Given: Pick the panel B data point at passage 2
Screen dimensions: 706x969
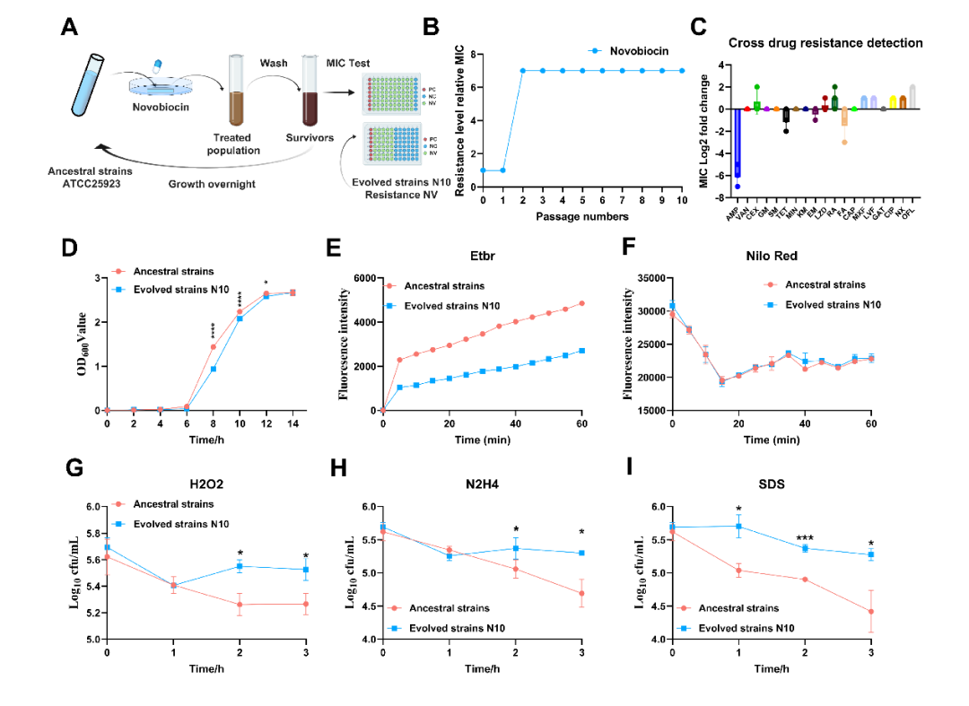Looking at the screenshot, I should [x=522, y=70].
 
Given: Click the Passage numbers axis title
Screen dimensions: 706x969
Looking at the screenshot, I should [x=582, y=216].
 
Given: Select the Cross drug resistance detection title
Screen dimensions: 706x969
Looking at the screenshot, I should [x=825, y=42].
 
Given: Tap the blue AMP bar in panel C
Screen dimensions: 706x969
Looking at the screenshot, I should [x=738, y=144].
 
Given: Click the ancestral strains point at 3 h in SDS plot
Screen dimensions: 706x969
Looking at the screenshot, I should [x=871, y=612].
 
